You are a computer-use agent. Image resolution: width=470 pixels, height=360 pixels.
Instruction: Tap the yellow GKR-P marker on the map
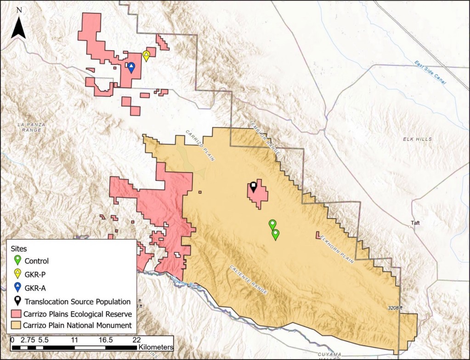pyautogui.click(x=146, y=56)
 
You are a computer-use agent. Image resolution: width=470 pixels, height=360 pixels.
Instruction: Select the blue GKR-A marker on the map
pyautogui.click(x=131, y=67)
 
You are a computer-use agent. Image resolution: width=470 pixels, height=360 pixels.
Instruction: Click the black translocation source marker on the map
pyautogui.click(x=253, y=186)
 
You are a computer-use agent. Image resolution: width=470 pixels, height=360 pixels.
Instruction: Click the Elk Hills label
pyautogui.click(x=417, y=139)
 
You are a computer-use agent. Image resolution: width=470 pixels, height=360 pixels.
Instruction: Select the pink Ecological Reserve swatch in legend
pyautogui.click(x=17, y=314)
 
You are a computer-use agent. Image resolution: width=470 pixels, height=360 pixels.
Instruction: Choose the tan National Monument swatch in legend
pyautogui.click(x=17, y=326)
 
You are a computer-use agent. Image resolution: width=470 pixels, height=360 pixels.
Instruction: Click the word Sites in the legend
pyautogui.click(x=20, y=248)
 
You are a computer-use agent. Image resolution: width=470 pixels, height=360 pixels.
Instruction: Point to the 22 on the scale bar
pyautogui.click(x=136, y=340)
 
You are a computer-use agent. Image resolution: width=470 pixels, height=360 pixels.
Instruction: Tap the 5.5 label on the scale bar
pyautogui.click(x=43, y=340)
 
